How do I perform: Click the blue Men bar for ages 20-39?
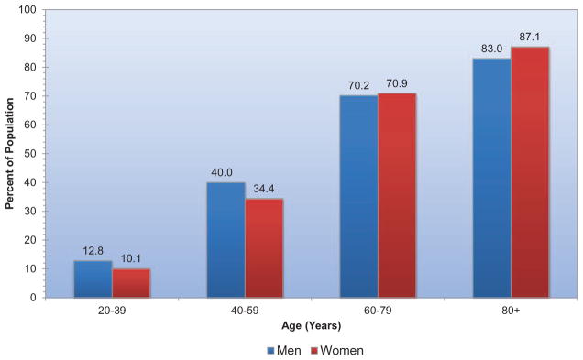[93, 279]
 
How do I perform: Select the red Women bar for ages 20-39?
[131, 283]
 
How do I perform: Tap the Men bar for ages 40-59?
[226, 240]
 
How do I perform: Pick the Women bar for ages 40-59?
[264, 248]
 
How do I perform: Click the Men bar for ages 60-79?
[359, 197]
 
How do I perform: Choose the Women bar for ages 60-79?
[397, 195]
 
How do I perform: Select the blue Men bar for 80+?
[492, 178]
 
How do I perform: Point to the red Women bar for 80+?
[530, 172]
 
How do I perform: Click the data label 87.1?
[530, 38]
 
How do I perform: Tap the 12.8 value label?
[93, 251]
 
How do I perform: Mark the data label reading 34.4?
[264, 189]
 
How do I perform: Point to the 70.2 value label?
[358, 86]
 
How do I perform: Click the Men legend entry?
[284, 350]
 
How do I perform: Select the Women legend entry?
[336, 350]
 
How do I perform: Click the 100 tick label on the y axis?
[27, 10]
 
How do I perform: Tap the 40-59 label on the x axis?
[245, 311]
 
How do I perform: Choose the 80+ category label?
[511, 311]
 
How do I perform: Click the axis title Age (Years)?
[311, 326]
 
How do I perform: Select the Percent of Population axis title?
[10, 154]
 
